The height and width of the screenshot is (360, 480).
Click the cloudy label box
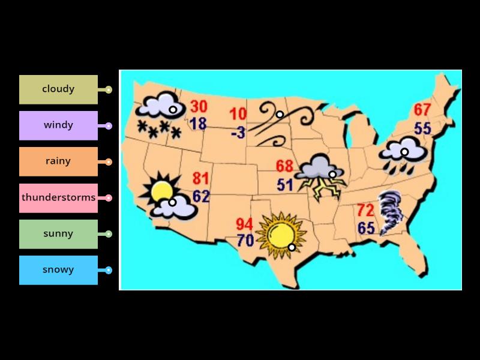tap(58, 89)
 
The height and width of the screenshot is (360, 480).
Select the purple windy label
tap(58, 125)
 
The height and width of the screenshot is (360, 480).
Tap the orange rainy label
tap(58, 161)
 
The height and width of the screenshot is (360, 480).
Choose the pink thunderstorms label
tap(58, 197)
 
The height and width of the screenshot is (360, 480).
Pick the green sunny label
tap(58, 234)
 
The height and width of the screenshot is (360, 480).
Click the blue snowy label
tap(58, 270)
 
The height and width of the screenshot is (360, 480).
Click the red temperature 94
tap(244, 224)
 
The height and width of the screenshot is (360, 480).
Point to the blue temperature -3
tap(238, 132)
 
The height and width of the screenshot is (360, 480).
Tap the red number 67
tap(422, 110)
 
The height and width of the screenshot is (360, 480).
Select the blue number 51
tap(285, 185)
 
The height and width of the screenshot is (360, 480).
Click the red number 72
tap(365, 210)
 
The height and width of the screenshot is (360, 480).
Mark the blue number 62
tap(201, 196)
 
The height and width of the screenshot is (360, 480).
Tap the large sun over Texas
tap(280, 233)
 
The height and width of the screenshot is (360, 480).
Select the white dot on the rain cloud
tap(404, 152)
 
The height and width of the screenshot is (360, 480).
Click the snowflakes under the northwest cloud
tap(159, 129)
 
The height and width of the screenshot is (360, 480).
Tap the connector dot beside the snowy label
tap(109, 270)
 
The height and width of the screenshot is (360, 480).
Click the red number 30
tap(199, 107)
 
